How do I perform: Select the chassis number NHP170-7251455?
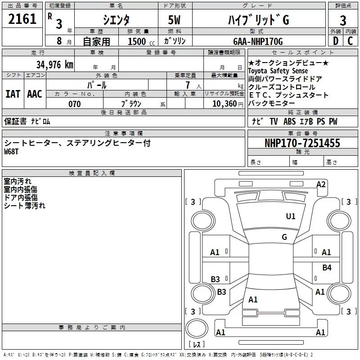click(302, 143)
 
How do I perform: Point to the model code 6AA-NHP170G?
click(258, 41)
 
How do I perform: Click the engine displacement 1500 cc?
click(137, 41)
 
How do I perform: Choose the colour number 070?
click(74, 104)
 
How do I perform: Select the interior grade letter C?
click(350, 41)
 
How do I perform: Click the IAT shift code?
click(13, 94)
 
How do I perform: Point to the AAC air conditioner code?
click(35, 94)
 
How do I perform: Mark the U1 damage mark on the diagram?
click(291, 216)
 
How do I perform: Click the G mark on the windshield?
click(284, 237)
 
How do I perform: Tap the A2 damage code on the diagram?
click(321, 184)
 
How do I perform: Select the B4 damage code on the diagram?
click(327, 268)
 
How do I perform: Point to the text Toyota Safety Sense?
click(278, 71)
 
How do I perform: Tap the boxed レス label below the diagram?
click(196, 345)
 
